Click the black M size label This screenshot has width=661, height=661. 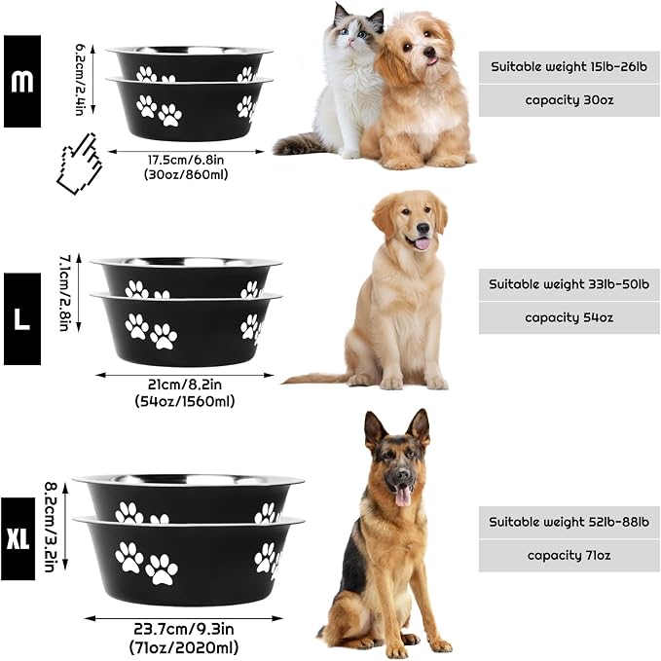(x=22, y=82)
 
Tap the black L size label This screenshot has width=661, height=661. (x=22, y=318)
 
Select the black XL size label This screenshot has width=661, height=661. (x=18, y=538)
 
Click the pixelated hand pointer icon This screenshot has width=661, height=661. (x=80, y=164)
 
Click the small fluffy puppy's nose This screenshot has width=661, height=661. (x=429, y=52)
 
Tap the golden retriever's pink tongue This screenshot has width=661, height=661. (x=422, y=243)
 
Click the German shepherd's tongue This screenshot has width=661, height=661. (x=403, y=496)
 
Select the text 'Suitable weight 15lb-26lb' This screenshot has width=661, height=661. (x=569, y=66)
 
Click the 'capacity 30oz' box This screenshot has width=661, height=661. (x=569, y=100)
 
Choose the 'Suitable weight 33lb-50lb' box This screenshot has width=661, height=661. (x=569, y=284)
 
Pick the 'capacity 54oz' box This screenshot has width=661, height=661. (x=569, y=318)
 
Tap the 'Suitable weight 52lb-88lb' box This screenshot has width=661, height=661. (x=569, y=523)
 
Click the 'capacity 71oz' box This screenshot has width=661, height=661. (x=569, y=556)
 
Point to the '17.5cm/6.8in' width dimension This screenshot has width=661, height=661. (x=186, y=161)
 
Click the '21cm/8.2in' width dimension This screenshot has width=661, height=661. (x=185, y=385)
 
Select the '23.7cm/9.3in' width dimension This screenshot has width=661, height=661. (x=184, y=630)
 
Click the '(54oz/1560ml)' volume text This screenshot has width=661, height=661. (x=185, y=401)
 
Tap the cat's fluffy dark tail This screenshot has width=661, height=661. (x=299, y=144)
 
